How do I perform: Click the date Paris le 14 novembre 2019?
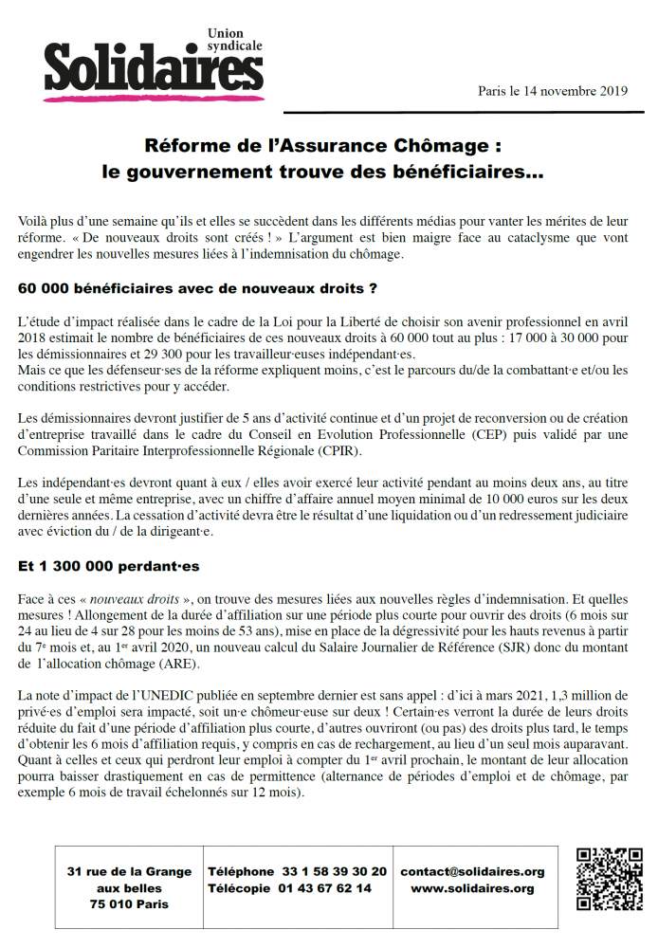pos(553,91)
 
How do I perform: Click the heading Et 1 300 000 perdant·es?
pos(107,566)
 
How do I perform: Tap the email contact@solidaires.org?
pos(472,871)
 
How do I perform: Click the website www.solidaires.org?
pos(472,888)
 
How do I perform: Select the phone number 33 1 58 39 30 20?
pos(330,871)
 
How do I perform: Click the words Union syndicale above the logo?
pos(234,40)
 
